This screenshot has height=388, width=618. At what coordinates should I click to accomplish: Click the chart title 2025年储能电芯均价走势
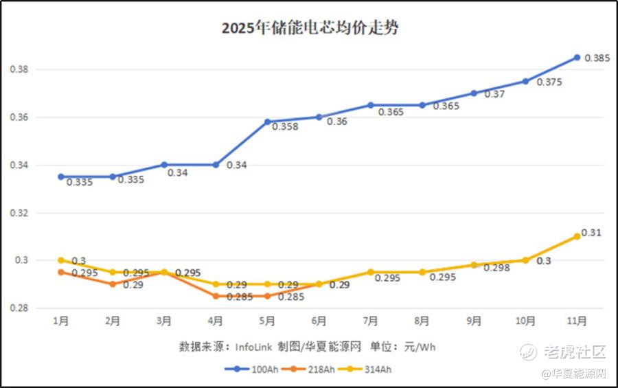pos(310,28)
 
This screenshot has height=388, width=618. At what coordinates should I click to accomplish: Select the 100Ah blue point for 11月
pos(577,58)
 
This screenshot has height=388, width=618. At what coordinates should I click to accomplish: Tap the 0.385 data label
pos(597,58)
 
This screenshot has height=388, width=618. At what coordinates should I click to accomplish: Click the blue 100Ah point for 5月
pos(267,122)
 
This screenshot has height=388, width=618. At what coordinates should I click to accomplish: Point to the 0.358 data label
pos(285,126)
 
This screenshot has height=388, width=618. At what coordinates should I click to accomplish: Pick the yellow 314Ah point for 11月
pos(577,236)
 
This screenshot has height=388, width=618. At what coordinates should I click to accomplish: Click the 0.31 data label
pos(591,233)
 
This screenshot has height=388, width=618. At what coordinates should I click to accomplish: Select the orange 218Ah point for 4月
pos(216,296)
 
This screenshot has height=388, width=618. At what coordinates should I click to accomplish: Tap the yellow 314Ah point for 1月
pos(60,260)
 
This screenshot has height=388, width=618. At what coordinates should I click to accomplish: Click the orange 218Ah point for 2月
pos(113,284)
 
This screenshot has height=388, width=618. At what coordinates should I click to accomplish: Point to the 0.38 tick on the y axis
pos(19,70)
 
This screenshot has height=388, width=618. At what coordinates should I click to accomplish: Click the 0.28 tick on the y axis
pos(19,308)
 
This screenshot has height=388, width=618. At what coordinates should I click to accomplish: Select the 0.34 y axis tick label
pos(19,166)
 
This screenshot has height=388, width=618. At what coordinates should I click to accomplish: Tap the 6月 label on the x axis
pos(319,320)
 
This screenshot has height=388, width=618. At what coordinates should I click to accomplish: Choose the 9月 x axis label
pos(474,320)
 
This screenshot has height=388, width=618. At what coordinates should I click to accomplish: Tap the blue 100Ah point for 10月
pos(525,81)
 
